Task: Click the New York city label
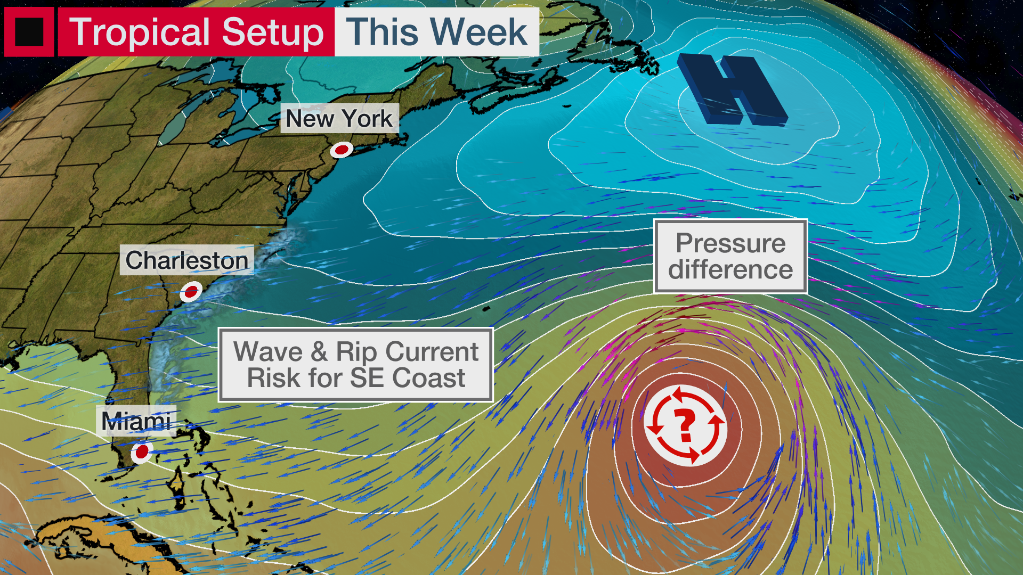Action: [x=339, y=118]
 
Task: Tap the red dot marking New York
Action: [x=341, y=150]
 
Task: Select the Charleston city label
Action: [x=186, y=260]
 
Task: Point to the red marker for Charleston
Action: [x=191, y=292]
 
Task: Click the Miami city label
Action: [x=136, y=422]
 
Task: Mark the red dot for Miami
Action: [x=142, y=452]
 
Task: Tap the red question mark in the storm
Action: [x=685, y=425]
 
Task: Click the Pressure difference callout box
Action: [x=730, y=256]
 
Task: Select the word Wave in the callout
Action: [x=268, y=352]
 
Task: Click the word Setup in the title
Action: [x=273, y=32]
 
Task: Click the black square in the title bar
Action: [x=29, y=32]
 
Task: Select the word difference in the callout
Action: [x=730, y=269]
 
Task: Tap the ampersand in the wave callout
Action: [x=319, y=352]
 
